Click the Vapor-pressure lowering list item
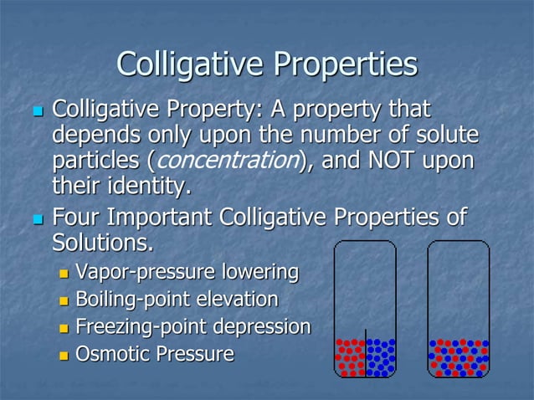[187, 272]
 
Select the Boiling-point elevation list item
[177, 299]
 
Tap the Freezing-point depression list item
[193, 326]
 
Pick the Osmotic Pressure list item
[154, 354]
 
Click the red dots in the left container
[350, 356]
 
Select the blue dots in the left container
[381, 356]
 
